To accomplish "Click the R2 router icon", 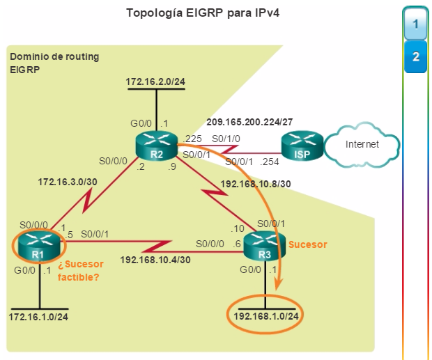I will point(157,145).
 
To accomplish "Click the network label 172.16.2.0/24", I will point(156,83).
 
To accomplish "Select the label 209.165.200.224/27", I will point(249,121).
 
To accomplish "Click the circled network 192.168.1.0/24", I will point(267,315).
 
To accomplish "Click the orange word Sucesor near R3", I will point(307,244).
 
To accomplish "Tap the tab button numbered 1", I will point(415,24).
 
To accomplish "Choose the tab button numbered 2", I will point(415,56).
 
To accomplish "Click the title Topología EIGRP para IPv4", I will point(202,13).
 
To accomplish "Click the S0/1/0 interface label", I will point(226,138).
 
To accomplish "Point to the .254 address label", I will point(270,162).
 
